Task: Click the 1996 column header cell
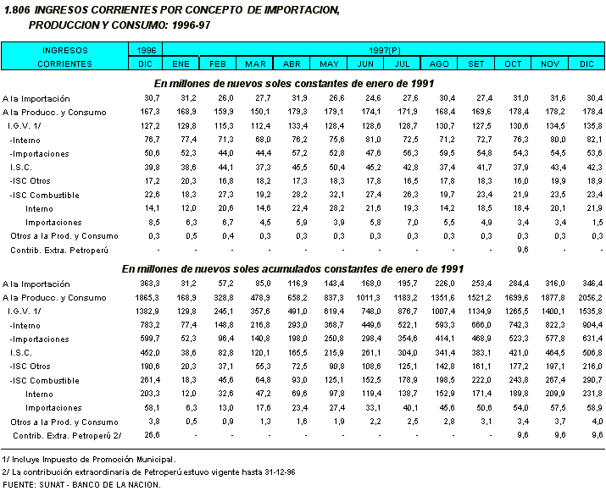coord(146,51)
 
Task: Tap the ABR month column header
coord(291,64)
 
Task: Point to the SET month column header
coord(477,64)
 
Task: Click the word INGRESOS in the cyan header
coord(64,51)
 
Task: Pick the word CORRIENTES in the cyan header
coord(64,64)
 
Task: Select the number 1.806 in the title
coord(17,9)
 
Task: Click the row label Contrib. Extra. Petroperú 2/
coord(64,435)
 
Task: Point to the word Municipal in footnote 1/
coord(153,458)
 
